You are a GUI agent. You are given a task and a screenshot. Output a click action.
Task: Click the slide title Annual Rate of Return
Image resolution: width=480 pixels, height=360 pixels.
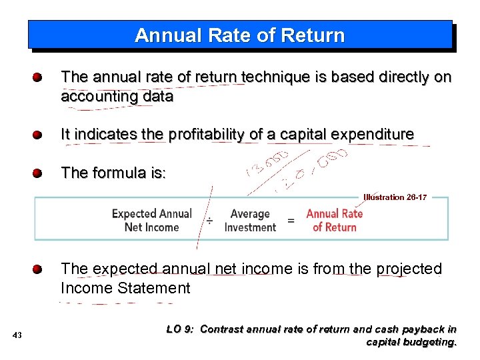pos(239,35)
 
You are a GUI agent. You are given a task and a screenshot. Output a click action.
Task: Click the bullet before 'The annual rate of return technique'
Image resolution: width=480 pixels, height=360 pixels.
pos(39,77)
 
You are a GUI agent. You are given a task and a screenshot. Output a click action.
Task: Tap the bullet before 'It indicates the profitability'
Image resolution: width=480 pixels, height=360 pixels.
pos(39,135)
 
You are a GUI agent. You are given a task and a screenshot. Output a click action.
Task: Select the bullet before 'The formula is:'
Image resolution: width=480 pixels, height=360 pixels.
pos(39,173)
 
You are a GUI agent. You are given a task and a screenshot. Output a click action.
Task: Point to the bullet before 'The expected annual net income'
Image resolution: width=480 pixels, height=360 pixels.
pos(39,269)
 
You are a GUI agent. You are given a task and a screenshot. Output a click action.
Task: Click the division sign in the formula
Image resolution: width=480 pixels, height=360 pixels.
pos(209,221)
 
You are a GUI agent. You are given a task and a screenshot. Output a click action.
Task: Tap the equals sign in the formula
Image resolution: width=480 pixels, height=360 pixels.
pos(291,221)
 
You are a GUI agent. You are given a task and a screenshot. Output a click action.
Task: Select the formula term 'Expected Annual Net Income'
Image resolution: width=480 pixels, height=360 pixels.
pos(152,221)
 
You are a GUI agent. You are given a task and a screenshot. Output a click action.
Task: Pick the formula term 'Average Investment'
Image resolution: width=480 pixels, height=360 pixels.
pos(250,221)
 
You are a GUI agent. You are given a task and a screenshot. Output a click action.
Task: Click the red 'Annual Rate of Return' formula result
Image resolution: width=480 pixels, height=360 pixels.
pos(334,221)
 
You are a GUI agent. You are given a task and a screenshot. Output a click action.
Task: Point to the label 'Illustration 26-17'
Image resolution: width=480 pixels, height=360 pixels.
pos(395,197)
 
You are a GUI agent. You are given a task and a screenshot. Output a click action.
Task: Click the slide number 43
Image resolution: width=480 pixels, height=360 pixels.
pos(17,335)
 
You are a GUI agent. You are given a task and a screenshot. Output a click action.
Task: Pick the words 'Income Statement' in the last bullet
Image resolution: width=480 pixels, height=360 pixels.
pos(125,289)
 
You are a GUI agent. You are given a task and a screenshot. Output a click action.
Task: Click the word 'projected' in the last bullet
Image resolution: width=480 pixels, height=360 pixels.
pos(409,269)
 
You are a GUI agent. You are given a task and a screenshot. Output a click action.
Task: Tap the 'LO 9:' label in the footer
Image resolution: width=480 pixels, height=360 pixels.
pos(179,329)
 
